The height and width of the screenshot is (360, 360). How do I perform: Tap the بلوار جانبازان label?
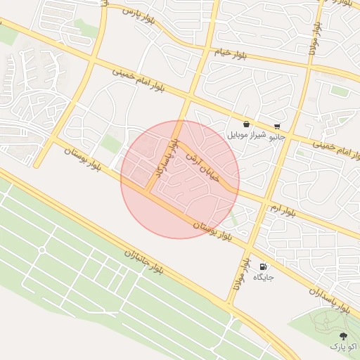click(x=143, y=262)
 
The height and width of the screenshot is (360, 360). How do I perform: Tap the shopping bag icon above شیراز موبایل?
click(x=246, y=124)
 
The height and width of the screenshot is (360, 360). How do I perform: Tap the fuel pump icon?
click(x=263, y=267)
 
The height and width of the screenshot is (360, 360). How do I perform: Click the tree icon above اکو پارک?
click(x=343, y=336)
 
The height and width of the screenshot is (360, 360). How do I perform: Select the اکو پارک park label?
click(x=343, y=347)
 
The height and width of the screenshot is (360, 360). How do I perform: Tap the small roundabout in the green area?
click(x=41, y=250)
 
